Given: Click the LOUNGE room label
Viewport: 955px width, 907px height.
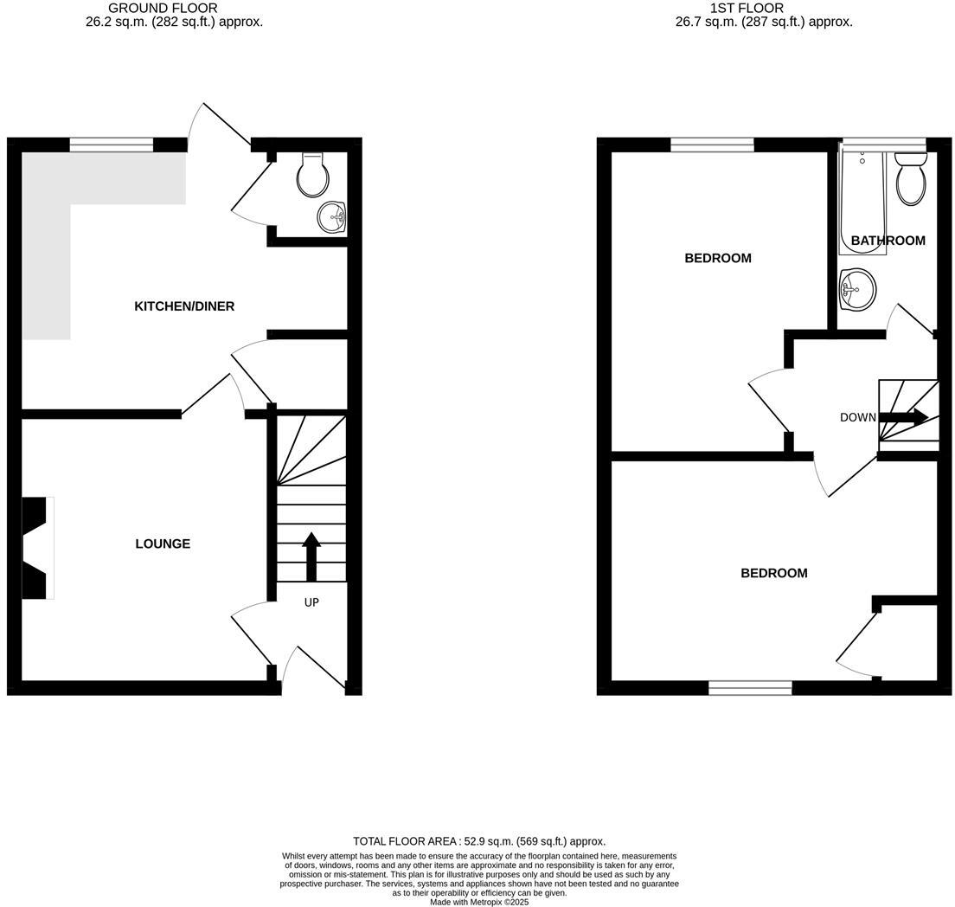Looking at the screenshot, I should coord(163,544).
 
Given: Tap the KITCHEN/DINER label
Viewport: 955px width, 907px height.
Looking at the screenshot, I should coord(184,306).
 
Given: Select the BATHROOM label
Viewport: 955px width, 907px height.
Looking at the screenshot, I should coord(888,241).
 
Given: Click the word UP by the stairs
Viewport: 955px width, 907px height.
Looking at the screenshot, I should coord(311,602).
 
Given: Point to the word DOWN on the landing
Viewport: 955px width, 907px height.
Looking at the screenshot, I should coord(858,417).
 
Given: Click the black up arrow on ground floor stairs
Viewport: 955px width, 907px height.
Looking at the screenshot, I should coord(311,556).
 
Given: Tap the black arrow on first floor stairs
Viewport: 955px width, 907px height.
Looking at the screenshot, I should coord(905,417).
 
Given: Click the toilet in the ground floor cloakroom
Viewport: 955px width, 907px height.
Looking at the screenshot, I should coord(312,175).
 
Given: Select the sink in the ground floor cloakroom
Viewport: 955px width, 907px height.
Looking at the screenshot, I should coord(331,216).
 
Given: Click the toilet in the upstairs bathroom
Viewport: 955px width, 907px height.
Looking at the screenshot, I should coord(911,179).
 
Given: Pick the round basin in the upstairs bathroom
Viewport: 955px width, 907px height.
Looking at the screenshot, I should coord(856,288).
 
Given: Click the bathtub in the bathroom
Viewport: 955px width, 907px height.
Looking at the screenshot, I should coord(862,201).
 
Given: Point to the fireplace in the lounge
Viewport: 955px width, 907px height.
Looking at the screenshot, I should coord(37,547).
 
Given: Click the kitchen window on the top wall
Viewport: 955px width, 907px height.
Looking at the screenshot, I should coord(111,145).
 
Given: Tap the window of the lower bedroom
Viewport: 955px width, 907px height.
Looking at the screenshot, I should coord(750,688).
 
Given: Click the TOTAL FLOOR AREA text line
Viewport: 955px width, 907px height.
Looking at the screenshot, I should coord(479,841).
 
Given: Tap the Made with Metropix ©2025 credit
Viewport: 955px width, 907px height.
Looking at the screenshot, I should coord(479,902).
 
